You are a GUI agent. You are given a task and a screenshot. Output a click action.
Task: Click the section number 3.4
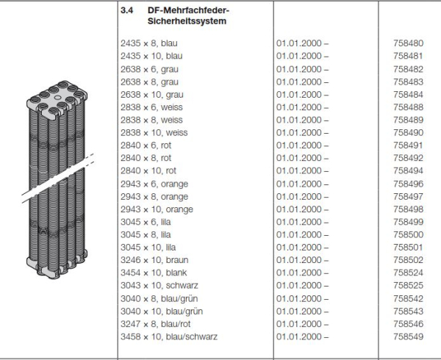tap(126, 11)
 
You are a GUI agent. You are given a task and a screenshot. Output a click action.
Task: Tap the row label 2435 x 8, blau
tap(147, 43)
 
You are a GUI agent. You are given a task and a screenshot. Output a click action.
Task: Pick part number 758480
tap(409, 43)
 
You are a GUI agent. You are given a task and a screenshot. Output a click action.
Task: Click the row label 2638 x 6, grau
tap(148, 69)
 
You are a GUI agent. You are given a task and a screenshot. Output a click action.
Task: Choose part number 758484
tap(409, 95)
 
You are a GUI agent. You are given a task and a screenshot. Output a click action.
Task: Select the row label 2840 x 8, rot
tap(146, 158)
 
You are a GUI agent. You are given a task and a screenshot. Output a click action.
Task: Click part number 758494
tap(409, 171)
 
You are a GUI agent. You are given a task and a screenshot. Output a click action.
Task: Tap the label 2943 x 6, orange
tap(153, 184)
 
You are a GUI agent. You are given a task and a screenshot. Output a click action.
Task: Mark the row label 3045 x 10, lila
tap(147, 248)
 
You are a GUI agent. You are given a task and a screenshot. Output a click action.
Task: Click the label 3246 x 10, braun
tap(152, 260)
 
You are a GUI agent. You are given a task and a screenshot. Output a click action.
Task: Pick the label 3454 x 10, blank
tap(151, 273)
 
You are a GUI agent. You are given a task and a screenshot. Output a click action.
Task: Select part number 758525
tap(409, 286)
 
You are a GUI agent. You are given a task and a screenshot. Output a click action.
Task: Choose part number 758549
tap(409, 337)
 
